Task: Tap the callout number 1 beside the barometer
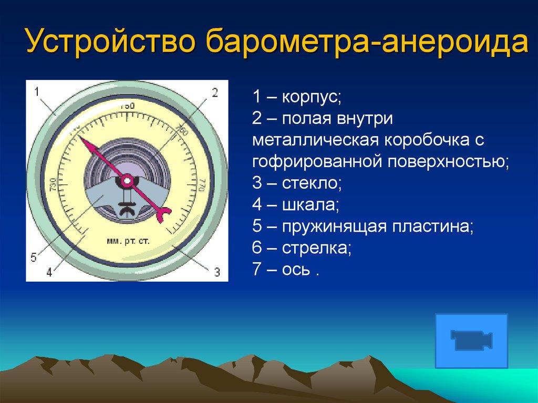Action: pos(38,92)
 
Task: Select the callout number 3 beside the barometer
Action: pos(216,271)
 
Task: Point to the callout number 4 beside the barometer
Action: pos(49,272)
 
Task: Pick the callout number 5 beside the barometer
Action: pos(33,257)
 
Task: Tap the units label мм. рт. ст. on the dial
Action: pos(128,241)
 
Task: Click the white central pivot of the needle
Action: pos(127,181)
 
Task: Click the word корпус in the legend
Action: pos(312,98)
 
